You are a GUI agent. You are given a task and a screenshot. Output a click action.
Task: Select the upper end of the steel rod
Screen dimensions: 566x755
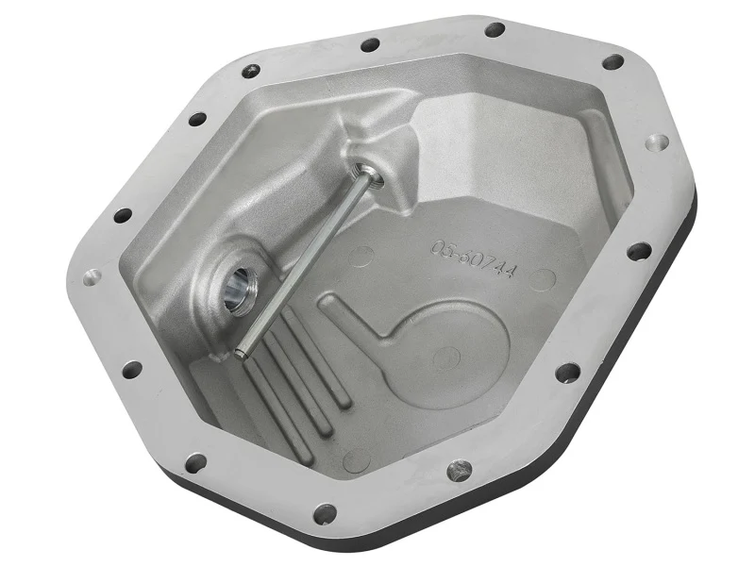coord(361,171)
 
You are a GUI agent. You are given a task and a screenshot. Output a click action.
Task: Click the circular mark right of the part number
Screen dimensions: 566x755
coord(541,279)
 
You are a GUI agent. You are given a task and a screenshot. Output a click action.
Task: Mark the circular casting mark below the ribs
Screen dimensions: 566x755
coord(356,461)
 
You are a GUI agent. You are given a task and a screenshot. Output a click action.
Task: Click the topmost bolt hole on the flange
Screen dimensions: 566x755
coord(495,30)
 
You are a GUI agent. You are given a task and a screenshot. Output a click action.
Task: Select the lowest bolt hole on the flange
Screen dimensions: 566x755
coord(324,514)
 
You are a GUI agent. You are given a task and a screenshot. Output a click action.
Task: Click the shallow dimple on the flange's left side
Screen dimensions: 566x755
coord(92,277)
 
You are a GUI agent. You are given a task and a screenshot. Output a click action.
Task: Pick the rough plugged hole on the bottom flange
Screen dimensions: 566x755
coord(460,468)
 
